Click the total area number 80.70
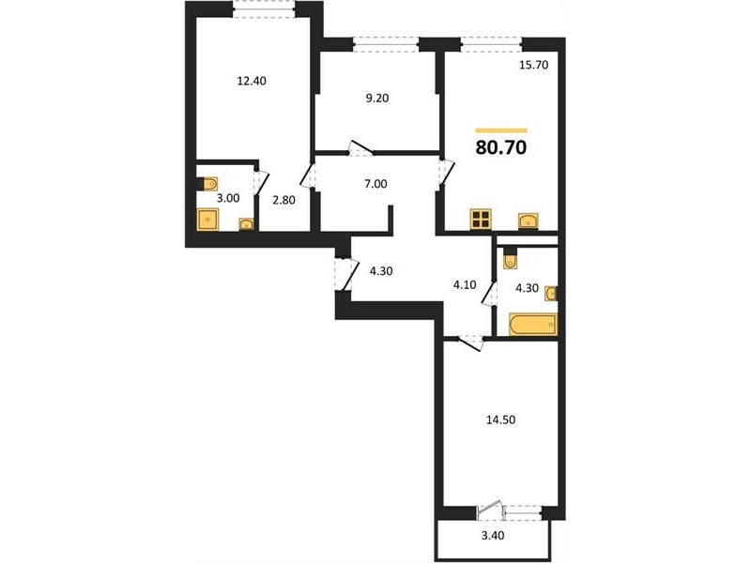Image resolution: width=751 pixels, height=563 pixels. (501, 147)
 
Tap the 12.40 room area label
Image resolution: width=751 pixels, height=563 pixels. (252, 81)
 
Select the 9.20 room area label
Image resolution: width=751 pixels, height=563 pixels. (377, 99)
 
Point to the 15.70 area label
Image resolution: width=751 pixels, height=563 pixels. (533, 65)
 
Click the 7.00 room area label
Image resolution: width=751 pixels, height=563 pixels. (375, 184)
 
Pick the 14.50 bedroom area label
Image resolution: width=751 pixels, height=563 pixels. (501, 419)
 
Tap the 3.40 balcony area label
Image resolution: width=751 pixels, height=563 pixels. (492, 535)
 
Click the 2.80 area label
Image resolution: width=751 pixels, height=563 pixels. (284, 200)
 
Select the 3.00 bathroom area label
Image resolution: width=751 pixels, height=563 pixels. (228, 198)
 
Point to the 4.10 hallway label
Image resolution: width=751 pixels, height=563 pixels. (465, 285)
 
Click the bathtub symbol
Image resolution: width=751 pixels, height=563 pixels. (533, 324)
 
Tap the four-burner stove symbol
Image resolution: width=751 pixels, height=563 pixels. (481, 220)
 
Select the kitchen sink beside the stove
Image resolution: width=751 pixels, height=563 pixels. (528, 221)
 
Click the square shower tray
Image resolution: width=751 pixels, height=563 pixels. (207, 220)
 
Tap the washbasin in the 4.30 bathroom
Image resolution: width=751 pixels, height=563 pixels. (551, 294)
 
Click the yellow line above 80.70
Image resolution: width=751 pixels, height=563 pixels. (501, 130)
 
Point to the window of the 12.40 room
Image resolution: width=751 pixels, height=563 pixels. (264, 9)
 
